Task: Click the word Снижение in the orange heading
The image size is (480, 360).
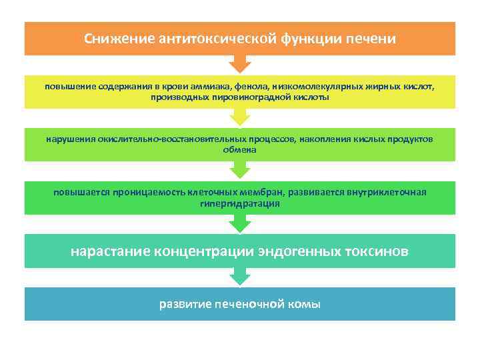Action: click(x=118, y=39)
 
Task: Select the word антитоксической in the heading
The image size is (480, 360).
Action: click(x=213, y=39)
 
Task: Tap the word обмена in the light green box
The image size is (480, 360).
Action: click(x=239, y=150)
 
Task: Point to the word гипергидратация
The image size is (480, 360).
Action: click(x=239, y=203)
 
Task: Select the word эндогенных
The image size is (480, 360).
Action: click(x=300, y=251)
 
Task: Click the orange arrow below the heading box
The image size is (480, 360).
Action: click(x=240, y=64)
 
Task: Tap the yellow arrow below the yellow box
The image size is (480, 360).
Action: click(x=240, y=117)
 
